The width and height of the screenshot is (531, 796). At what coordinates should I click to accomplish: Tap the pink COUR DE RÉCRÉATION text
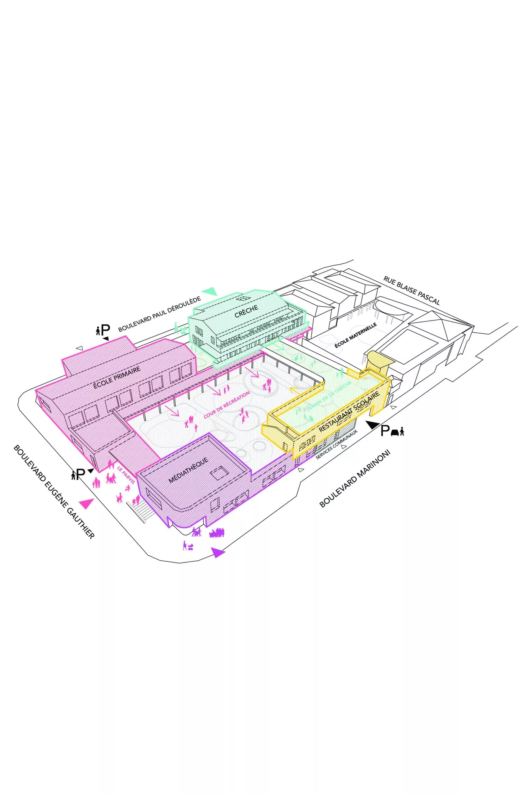(x=227, y=405)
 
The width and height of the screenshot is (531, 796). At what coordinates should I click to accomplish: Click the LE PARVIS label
(x=126, y=474)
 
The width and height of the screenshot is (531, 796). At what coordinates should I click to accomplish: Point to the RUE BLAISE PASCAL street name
(x=411, y=290)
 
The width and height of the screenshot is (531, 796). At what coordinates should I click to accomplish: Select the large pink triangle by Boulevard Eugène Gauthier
(x=86, y=504)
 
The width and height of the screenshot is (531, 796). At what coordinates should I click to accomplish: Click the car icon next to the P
(x=395, y=433)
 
